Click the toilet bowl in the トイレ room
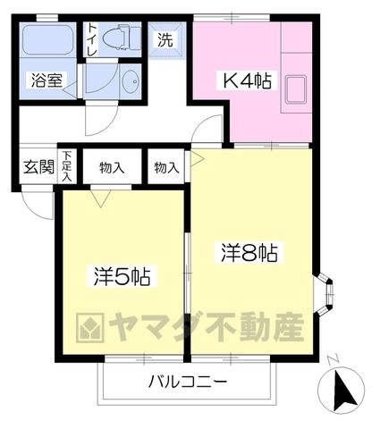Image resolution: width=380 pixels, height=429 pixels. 117,38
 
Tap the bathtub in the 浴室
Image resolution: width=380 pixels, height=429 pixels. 48,39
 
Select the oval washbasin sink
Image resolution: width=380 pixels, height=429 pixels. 131,81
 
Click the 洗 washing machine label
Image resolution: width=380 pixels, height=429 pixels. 165,39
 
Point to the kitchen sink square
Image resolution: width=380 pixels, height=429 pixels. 295,89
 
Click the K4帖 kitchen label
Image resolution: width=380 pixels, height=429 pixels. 247,80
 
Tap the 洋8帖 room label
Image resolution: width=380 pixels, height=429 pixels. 249,253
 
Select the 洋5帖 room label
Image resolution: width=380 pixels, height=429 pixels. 122,277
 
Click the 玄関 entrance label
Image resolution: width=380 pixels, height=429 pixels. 38,166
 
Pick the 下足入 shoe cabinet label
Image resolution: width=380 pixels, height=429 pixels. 67,166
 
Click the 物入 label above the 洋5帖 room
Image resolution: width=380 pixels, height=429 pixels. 112,168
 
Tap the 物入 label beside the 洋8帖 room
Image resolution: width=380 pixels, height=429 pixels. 166,168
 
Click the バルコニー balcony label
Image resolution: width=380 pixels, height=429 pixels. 188,381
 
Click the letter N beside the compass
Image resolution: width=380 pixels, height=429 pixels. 332,359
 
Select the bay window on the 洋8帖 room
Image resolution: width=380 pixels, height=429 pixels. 325,294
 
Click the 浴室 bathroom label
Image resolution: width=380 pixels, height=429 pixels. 47,80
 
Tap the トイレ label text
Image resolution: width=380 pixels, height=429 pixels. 92,40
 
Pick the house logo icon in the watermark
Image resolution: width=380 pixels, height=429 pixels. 90,327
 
